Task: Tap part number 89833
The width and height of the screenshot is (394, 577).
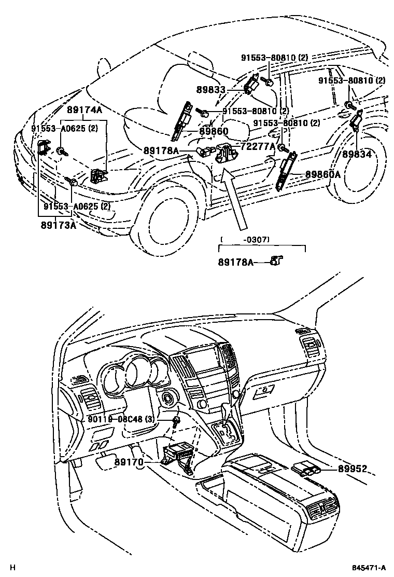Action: pyautogui.click(x=210, y=89)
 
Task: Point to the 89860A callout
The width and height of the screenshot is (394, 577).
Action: pyautogui.click(x=322, y=174)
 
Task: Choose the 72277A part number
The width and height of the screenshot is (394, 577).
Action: pyautogui.click(x=257, y=147)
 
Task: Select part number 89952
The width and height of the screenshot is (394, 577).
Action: pyautogui.click(x=353, y=469)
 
